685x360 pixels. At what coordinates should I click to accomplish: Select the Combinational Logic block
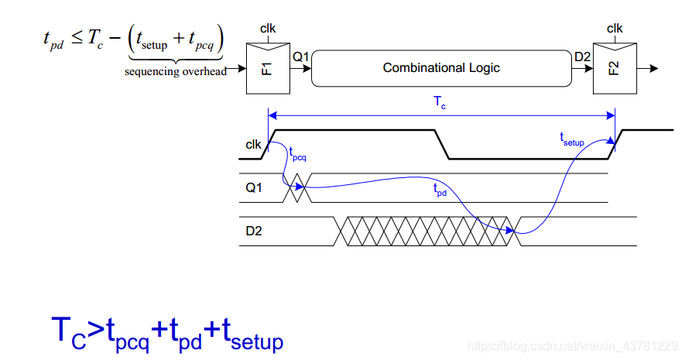pos(441,68)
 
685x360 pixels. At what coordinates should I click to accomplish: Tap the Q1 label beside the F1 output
pos(300,57)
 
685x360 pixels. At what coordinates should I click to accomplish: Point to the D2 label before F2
pos(582,57)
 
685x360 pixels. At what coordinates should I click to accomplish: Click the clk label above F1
pos(268,29)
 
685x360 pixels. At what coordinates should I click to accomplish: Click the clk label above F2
pos(615,29)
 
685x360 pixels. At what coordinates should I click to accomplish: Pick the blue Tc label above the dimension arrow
pos(439,102)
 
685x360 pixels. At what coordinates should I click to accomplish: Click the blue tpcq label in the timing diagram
pos(298,154)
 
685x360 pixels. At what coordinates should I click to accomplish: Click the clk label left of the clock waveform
pos(253,144)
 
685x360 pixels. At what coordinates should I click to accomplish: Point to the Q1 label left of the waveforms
pos(252,187)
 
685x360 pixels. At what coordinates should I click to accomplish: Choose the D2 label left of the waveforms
pos(252,229)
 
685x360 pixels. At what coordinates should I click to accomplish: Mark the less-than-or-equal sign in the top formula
pos(77,36)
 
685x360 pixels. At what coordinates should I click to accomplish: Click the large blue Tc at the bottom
pos(68,332)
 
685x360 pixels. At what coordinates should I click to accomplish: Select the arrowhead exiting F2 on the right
pos(655,68)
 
